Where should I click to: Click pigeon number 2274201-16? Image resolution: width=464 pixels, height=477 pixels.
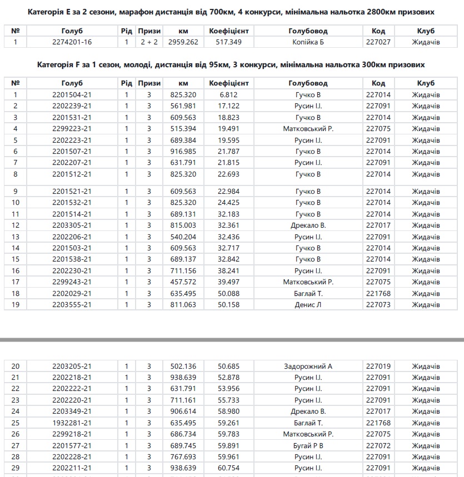click(x=72, y=42)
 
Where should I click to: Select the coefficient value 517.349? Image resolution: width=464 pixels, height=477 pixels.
click(x=228, y=42)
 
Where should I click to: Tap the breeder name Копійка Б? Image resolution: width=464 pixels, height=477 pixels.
click(x=308, y=42)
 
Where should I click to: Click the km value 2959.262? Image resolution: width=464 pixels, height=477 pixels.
click(x=183, y=42)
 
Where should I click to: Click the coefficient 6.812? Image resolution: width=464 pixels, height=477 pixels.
click(x=228, y=95)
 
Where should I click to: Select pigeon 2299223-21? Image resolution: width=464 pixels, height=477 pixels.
click(x=72, y=129)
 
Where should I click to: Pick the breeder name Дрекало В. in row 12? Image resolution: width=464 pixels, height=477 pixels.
click(x=308, y=225)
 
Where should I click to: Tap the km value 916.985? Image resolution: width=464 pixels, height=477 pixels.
click(x=183, y=152)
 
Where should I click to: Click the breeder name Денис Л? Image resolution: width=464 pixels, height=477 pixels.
click(x=308, y=305)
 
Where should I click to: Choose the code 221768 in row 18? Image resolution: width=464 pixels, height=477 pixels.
click(x=378, y=294)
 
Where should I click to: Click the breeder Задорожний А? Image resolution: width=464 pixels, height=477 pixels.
click(x=308, y=366)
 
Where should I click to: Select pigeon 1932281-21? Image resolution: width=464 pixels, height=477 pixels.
click(x=72, y=423)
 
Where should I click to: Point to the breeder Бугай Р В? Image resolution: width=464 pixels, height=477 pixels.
click(x=308, y=446)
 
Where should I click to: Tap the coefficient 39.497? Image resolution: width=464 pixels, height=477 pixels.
click(x=228, y=282)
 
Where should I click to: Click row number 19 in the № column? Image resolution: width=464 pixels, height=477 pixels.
click(x=16, y=305)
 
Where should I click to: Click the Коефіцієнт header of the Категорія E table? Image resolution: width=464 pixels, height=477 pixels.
click(x=228, y=31)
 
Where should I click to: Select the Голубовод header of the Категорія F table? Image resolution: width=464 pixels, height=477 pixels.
click(x=308, y=83)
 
